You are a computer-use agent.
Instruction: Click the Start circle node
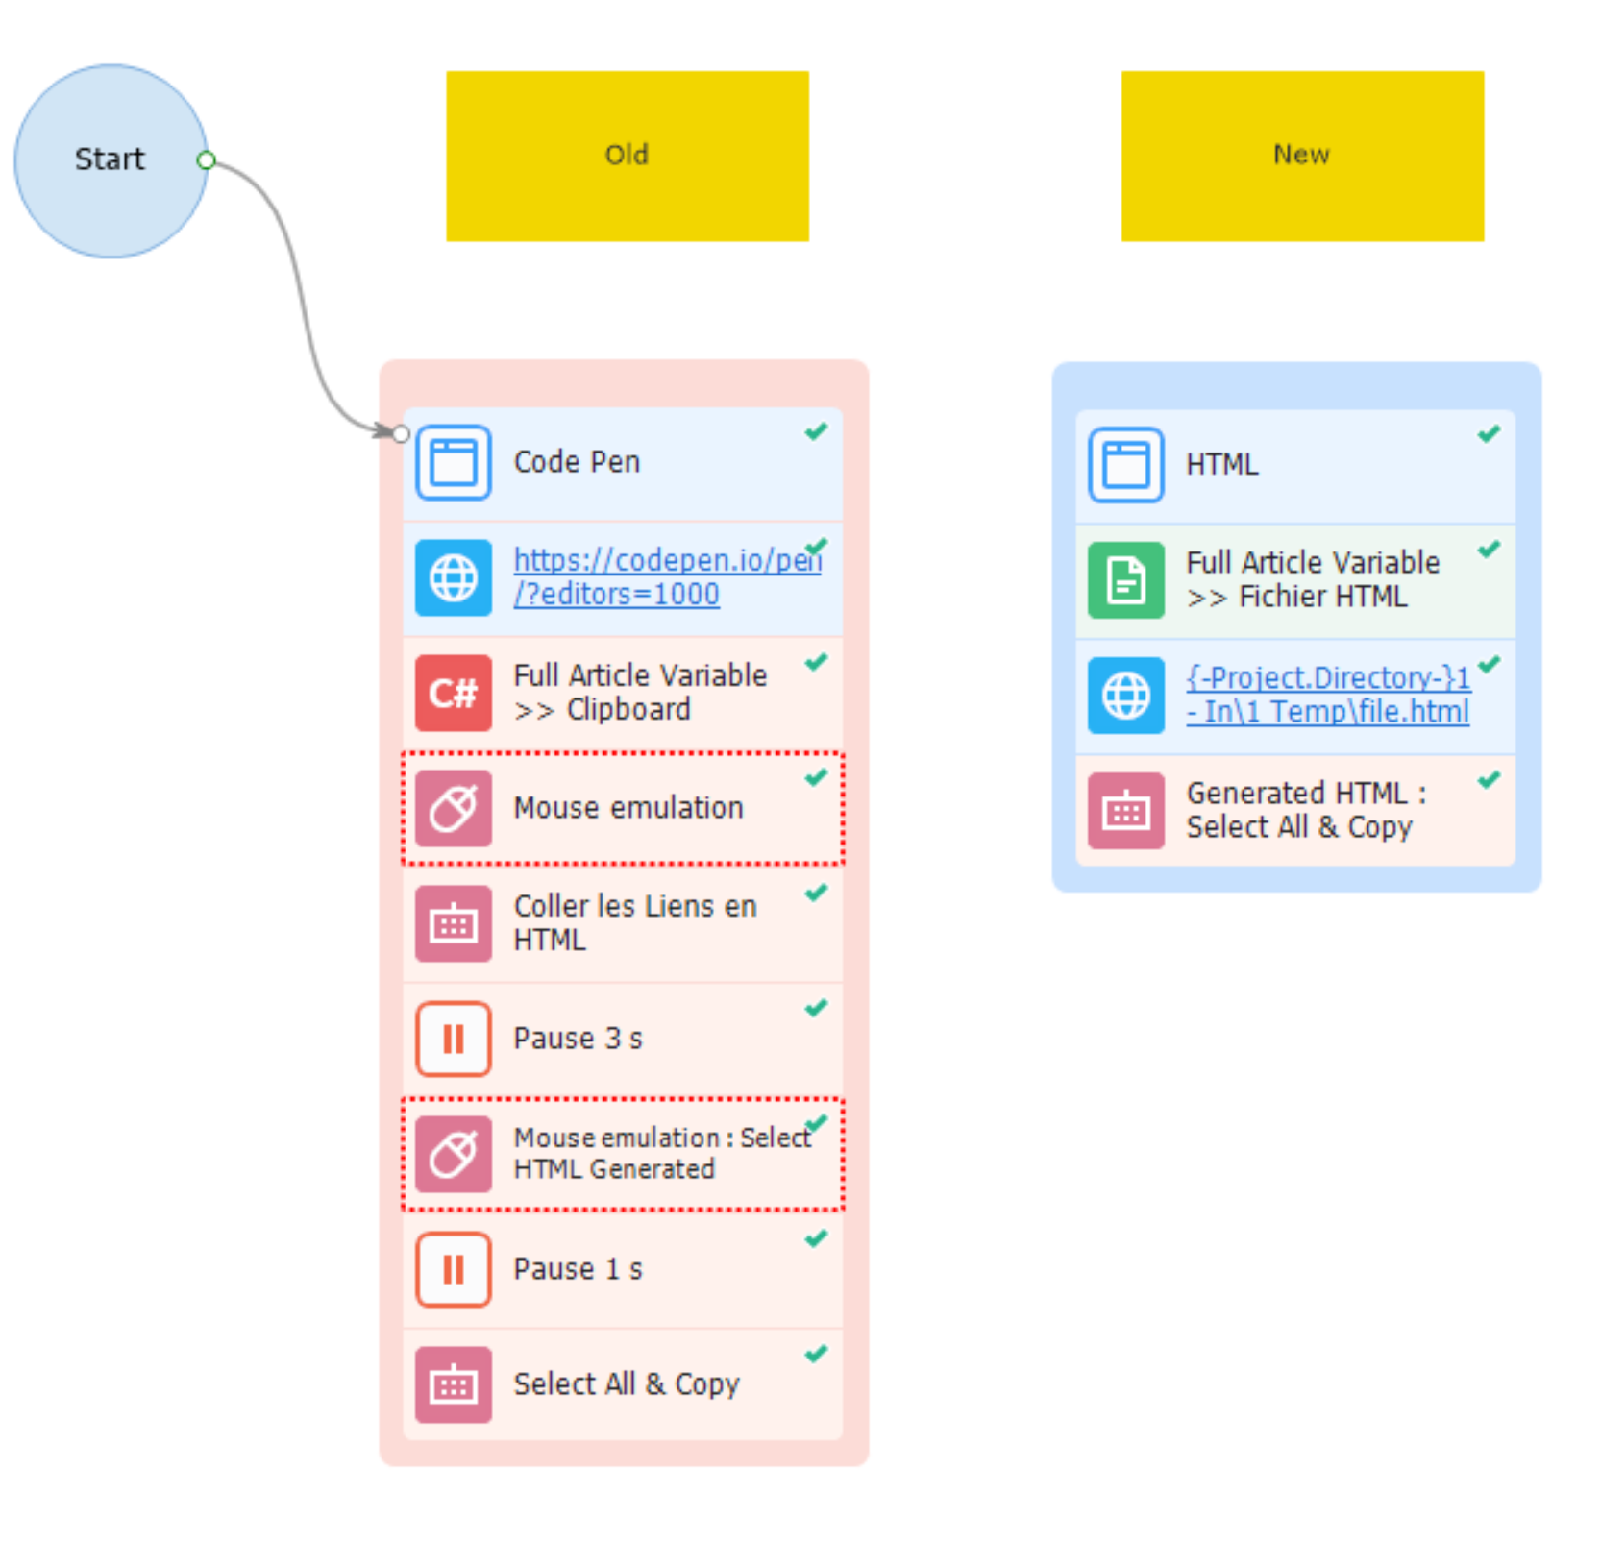111,160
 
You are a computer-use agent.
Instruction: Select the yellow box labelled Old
627,156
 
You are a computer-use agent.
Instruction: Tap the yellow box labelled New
1302,156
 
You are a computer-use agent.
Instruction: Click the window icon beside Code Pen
454,462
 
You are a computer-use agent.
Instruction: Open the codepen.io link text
667,576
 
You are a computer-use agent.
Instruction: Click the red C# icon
454,693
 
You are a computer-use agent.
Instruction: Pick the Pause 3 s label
578,1039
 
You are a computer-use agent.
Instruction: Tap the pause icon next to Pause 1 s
454,1269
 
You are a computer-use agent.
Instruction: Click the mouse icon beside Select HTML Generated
454,1154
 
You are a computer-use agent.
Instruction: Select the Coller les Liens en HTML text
635,922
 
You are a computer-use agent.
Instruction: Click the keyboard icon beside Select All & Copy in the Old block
454,1384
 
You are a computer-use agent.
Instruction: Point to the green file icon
1126,580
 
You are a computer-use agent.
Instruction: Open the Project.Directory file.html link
1328,695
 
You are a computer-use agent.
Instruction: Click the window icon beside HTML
1126,465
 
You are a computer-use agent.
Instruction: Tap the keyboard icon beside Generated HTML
1126,811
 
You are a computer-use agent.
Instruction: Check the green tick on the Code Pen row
817,431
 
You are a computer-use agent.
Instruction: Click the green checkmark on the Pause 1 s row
817,1238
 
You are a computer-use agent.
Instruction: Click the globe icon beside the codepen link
454,577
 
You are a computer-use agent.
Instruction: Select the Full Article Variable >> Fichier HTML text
1313,579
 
